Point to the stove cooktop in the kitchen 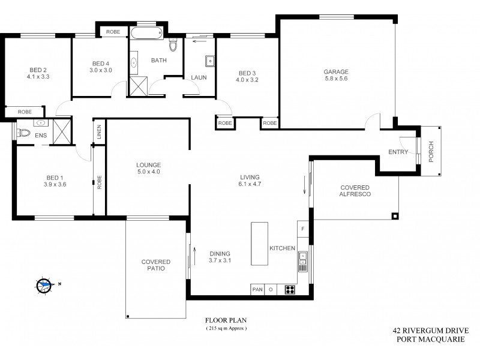(x=290, y=289)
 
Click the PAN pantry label (x=257, y=289)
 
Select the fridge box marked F (x=303, y=229)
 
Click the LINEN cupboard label (x=100, y=133)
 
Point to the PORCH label (x=431, y=152)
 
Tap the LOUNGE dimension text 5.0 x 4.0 (x=148, y=172)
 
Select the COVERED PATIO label (x=156, y=265)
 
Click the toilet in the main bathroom (x=174, y=44)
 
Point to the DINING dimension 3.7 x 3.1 (x=220, y=260)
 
